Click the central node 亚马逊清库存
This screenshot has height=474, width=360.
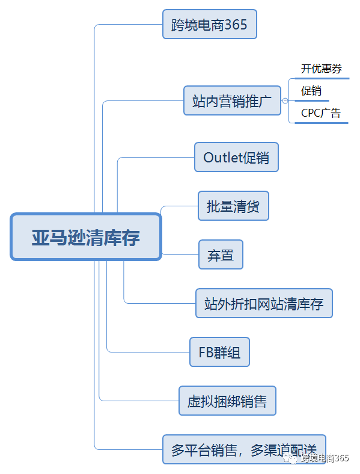[x=86, y=236]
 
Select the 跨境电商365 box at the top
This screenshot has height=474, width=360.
[x=209, y=25]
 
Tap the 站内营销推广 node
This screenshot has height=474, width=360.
[x=232, y=100]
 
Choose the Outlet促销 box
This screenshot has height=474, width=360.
[x=236, y=157]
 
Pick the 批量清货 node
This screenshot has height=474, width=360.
[x=233, y=206]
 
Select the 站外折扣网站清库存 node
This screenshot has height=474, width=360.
[x=263, y=303]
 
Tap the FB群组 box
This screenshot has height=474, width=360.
[x=219, y=352]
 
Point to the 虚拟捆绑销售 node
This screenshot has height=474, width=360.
[x=227, y=401]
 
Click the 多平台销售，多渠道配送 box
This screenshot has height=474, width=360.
[x=244, y=449]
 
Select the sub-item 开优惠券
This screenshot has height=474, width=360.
[x=322, y=69]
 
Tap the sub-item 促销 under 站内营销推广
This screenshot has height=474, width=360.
[x=311, y=91]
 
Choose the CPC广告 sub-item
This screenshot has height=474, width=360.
[x=321, y=112]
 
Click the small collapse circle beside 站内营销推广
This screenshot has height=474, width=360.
[x=285, y=100]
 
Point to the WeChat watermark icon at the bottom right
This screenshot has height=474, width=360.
[x=291, y=458]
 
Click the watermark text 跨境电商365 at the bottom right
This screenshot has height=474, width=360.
[x=325, y=458]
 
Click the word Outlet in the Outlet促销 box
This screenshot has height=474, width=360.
[x=222, y=157]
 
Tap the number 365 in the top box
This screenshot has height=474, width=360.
[x=236, y=25]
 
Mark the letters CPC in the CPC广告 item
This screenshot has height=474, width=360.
[x=311, y=112]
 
